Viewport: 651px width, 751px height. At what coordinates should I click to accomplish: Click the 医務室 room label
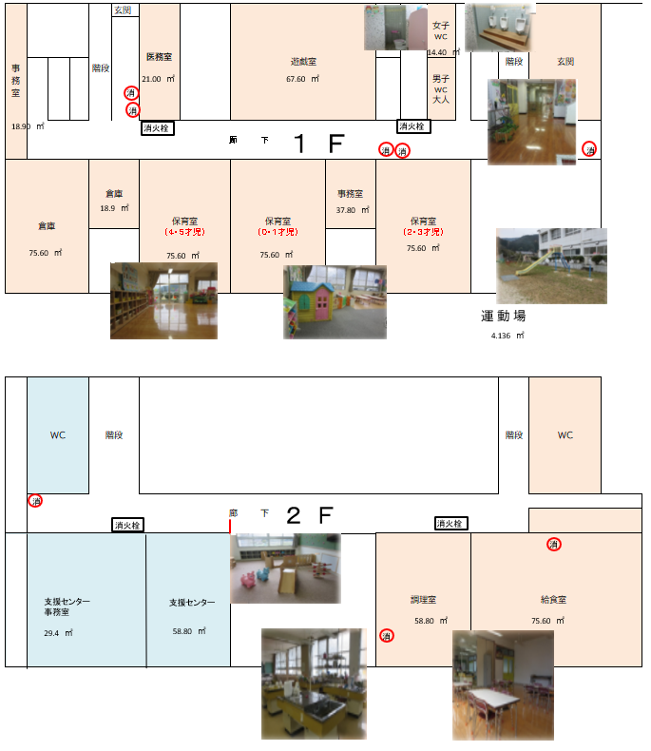click(x=159, y=57)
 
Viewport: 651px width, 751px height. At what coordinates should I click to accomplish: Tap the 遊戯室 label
click(x=303, y=62)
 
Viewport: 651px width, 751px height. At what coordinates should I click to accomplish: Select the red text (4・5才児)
click(x=184, y=232)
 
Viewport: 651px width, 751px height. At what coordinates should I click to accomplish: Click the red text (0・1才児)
click(x=278, y=232)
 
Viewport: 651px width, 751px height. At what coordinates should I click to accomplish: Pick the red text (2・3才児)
click(x=423, y=232)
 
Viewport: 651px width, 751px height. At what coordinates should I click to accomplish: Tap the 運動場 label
click(x=504, y=316)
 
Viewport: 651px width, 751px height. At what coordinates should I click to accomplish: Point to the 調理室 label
click(x=423, y=600)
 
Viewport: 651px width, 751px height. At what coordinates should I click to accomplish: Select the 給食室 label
click(x=553, y=600)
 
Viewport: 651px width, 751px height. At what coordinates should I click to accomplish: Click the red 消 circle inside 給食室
click(x=554, y=545)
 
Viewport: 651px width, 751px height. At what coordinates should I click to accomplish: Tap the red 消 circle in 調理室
click(x=387, y=635)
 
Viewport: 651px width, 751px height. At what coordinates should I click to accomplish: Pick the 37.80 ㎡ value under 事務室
click(x=350, y=211)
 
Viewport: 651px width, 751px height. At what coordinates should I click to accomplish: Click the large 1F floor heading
click(x=318, y=144)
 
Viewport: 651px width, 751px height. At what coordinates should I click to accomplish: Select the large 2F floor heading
click(x=308, y=516)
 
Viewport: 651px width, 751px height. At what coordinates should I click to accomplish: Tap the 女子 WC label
click(x=440, y=30)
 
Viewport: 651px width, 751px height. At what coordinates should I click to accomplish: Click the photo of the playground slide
click(x=551, y=265)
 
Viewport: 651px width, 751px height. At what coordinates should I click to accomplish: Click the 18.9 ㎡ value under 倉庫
click(x=113, y=208)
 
